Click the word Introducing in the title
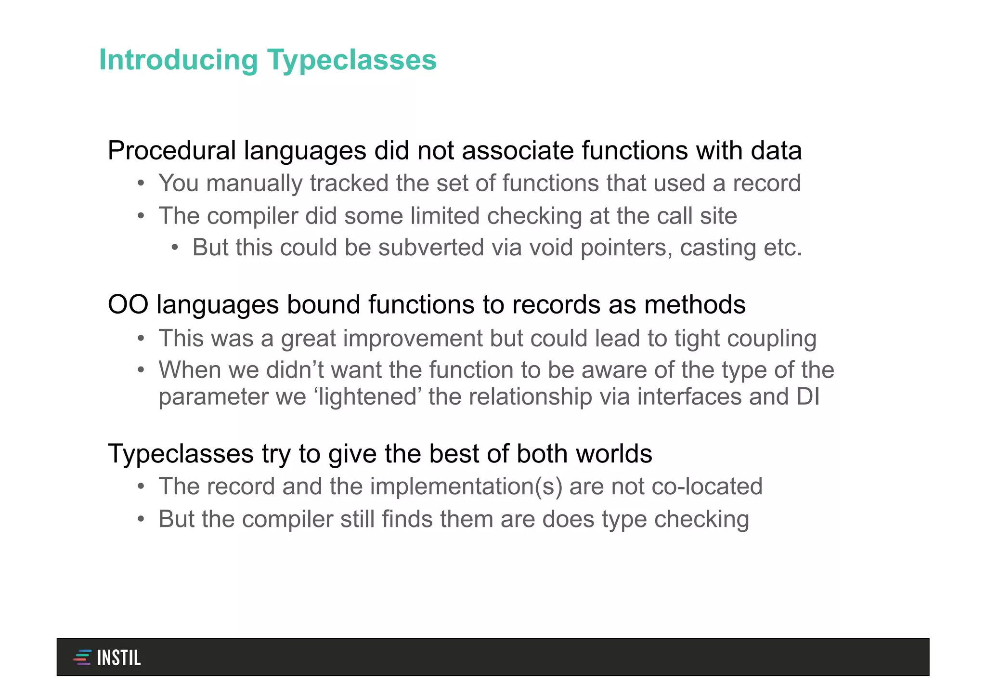[x=179, y=60]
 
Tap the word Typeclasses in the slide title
[x=351, y=60]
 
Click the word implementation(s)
[x=466, y=487]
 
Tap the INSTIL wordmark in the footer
[x=118, y=658]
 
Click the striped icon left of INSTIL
[x=82, y=658]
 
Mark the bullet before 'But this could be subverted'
[x=175, y=248]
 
